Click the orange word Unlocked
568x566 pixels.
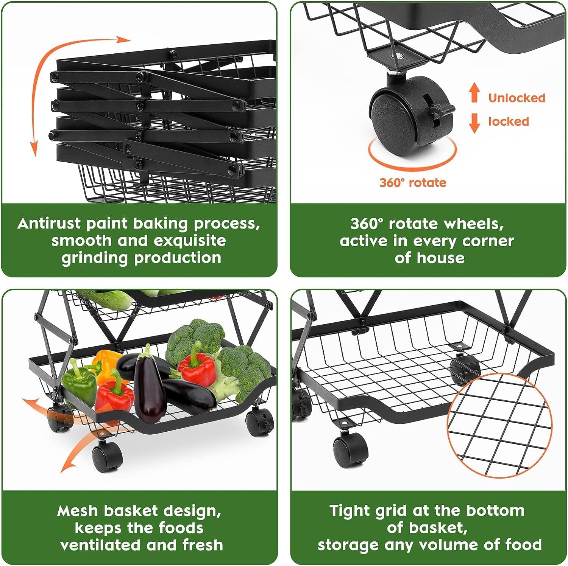[517, 98]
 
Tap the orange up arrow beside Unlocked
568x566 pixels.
[474, 93]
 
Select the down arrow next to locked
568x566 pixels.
[474, 123]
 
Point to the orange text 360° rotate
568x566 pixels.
[413, 182]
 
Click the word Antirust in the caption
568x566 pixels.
[49, 223]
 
